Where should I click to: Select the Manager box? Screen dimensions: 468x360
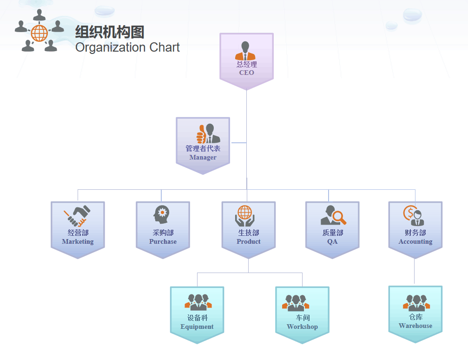(203, 146)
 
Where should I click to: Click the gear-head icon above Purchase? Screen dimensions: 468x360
(161, 214)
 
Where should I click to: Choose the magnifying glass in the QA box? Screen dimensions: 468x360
(339, 217)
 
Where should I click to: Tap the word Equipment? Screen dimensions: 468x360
(197, 327)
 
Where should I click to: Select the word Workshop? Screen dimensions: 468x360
(303, 327)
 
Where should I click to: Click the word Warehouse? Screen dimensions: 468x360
(415, 326)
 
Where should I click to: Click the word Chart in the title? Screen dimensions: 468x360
(165, 47)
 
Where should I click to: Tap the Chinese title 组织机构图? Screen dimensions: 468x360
(110, 32)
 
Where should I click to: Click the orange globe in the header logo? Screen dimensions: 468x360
(40, 33)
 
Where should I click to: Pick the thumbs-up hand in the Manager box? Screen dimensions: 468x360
(201, 134)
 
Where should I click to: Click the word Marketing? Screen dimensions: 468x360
(78, 241)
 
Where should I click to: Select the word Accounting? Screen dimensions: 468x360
(415, 241)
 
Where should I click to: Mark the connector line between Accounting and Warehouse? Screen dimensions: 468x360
(414, 271)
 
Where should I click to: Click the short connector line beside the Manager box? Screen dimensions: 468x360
(239, 143)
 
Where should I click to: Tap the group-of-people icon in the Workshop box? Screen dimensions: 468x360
(296, 303)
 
